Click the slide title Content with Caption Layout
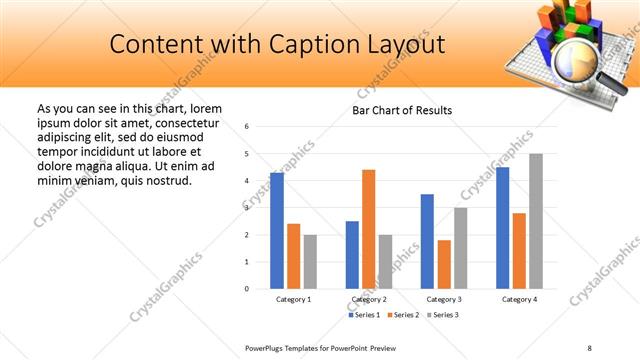(x=277, y=45)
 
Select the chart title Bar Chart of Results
(x=401, y=110)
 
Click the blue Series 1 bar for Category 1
(x=277, y=231)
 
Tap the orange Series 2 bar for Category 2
(x=369, y=229)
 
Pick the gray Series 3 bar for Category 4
(x=536, y=221)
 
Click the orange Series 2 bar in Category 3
(x=444, y=264)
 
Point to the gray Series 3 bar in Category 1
(x=310, y=261)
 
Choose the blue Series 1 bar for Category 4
(x=502, y=228)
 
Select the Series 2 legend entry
(x=404, y=315)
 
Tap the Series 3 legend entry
(x=443, y=315)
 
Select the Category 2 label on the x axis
(x=369, y=300)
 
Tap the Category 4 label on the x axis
(x=519, y=300)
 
